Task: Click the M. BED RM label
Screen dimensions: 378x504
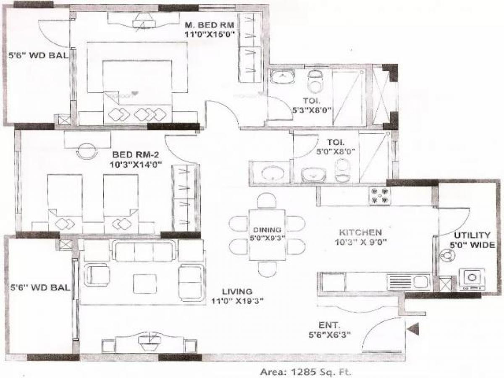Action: (209, 25)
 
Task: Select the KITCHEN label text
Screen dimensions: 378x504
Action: (360, 232)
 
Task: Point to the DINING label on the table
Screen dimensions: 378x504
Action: (267, 230)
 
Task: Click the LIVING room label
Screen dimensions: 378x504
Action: (237, 291)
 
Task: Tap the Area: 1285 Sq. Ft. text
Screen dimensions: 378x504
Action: (305, 371)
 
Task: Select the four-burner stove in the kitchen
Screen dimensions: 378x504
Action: (380, 195)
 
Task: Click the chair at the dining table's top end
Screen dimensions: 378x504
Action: (267, 200)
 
